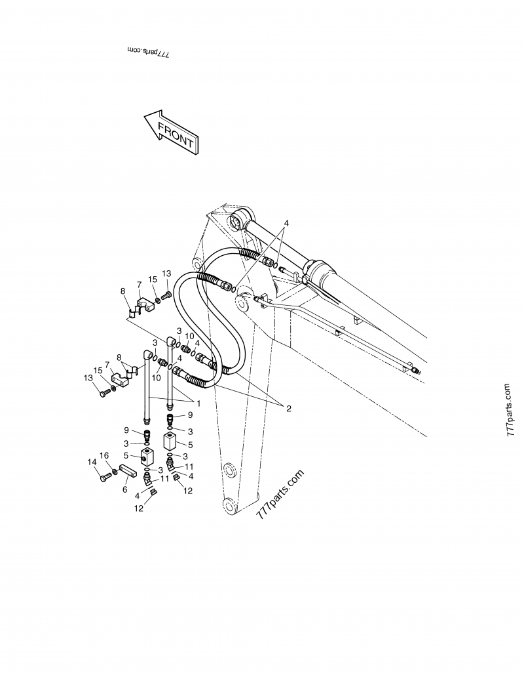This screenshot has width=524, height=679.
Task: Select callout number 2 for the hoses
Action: tap(286, 408)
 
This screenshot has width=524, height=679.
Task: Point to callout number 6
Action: tap(125, 489)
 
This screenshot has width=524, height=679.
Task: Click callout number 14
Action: tap(92, 463)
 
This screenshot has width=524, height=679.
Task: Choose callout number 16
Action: tap(103, 456)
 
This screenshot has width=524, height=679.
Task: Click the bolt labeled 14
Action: tap(103, 479)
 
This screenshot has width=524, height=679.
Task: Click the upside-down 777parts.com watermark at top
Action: tap(147, 55)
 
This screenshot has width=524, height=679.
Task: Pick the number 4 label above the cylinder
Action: tap(286, 223)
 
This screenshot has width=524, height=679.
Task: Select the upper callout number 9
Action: tap(190, 415)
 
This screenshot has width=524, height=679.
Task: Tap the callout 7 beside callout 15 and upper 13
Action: tap(139, 284)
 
